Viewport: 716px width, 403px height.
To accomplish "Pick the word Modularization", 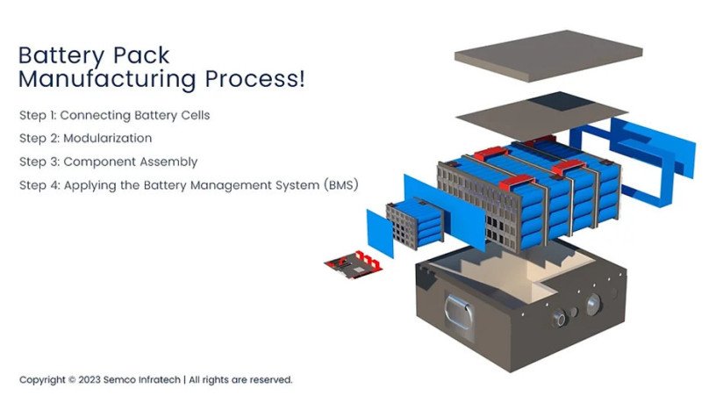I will click(108, 138).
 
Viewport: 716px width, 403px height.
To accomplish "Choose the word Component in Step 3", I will click(99, 162).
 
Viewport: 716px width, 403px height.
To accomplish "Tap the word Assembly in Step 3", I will click(168, 162).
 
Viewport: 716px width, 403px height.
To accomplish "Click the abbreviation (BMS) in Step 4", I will click(339, 185).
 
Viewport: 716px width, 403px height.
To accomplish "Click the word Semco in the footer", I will click(123, 380).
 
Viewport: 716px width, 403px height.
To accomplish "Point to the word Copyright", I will click(42, 380).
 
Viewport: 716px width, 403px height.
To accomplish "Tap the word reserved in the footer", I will click(269, 380).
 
